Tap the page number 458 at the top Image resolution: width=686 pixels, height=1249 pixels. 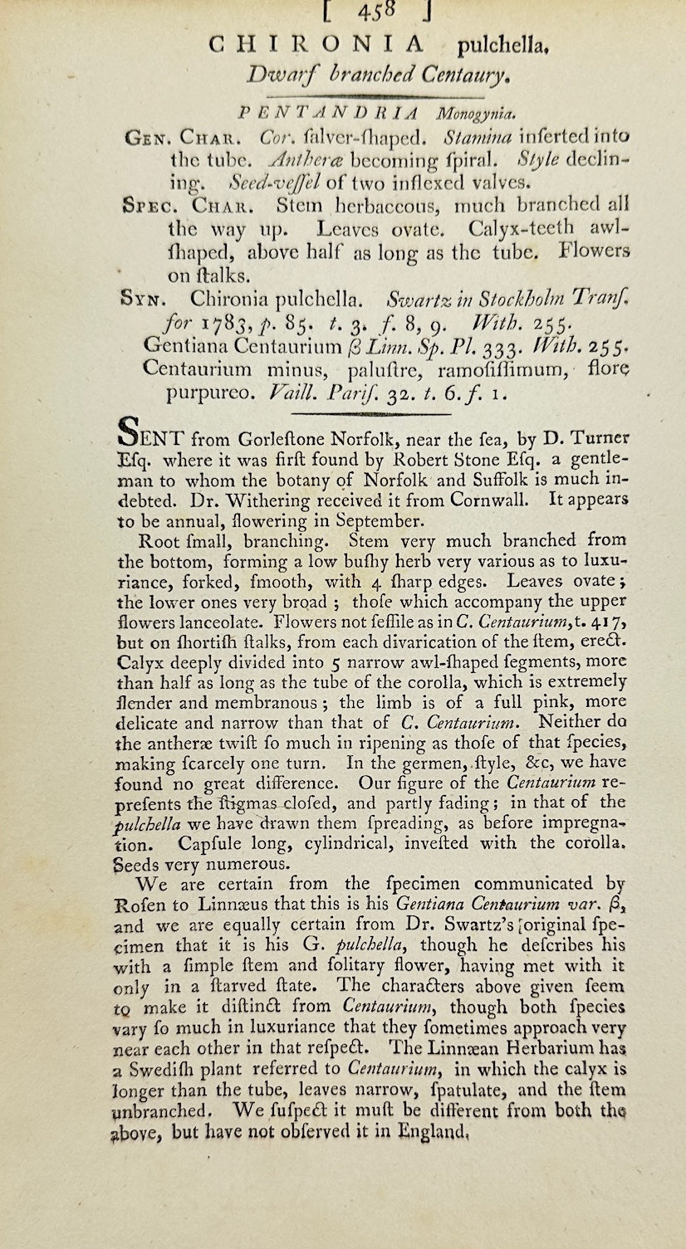pos(381,11)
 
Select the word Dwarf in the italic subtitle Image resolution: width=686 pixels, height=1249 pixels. pos(277,76)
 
